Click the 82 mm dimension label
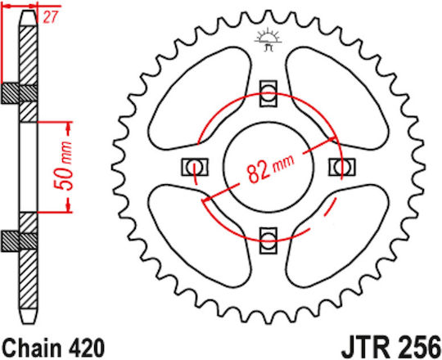(x=270, y=169)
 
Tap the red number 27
(x=50, y=17)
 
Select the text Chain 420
(x=53, y=349)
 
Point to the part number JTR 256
(x=391, y=348)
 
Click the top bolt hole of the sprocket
(x=268, y=94)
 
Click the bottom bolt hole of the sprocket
(x=268, y=241)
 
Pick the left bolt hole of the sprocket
(x=195, y=167)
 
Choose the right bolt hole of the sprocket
(x=341, y=167)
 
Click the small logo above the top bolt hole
(x=268, y=39)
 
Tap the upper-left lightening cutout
(x=200, y=98)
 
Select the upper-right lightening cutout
(x=337, y=98)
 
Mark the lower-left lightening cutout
(x=200, y=236)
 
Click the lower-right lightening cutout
(x=337, y=236)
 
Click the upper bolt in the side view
(x=19, y=93)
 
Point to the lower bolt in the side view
(x=19, y=241)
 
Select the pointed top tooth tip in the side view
(x=28, y=11)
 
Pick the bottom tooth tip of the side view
(x=28, y=323)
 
